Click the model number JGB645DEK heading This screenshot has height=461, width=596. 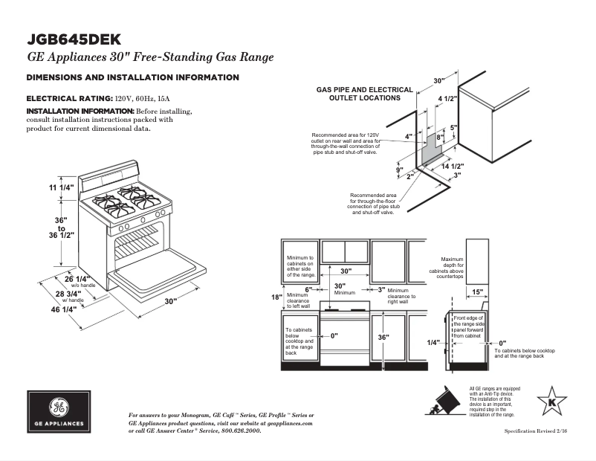tap(74, 39)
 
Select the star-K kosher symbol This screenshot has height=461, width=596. tap(551, 402)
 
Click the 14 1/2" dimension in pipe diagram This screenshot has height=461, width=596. tap(452, 166)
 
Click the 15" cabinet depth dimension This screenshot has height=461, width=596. tap(476, 291)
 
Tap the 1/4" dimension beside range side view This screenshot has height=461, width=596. tap(433, 343)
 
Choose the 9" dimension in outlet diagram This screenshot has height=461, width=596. tap(399, 170)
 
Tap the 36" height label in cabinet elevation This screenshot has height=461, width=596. tap(383, 337)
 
